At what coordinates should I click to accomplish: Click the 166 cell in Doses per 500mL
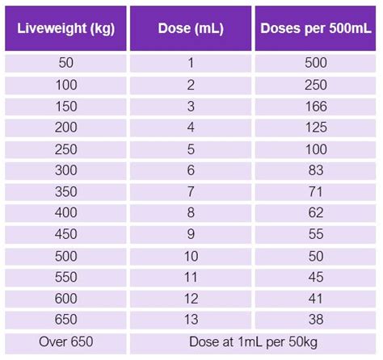(x=316, y=107)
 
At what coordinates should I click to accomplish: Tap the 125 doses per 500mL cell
(x=316, y=128)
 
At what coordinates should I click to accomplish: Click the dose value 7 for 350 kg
(x=191, y=192)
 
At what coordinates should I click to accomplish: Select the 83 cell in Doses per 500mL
(x=316, y=170)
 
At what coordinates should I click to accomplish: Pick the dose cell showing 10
(x=191, y=256)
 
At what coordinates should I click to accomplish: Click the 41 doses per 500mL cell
(x=316, y=299)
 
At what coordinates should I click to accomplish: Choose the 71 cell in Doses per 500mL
(x=316, y=192)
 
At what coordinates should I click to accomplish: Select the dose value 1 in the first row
(x=191, y=63)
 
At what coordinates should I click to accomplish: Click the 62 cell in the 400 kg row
(x=316, y=213)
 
